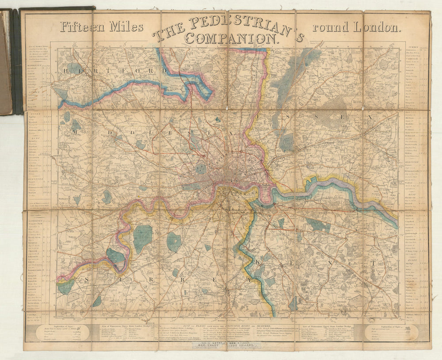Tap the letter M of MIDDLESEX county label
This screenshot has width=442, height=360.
coord(75,132)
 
